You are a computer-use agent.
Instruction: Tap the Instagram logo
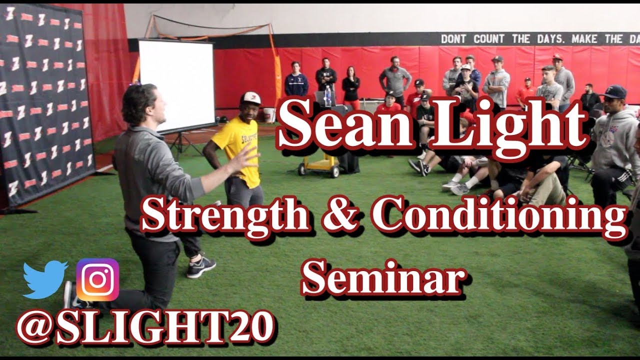click(x=97, y=279)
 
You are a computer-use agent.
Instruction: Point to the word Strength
click(x=225, y=216)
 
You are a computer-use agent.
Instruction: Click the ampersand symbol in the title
click(x=343, y=216)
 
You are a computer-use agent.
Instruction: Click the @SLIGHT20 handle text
click(x=145, y=328)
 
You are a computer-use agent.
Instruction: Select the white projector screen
click(x=176, y=85)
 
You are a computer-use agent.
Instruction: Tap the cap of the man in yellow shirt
click(x=250, y=98)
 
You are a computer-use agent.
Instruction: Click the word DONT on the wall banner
click(x=454, y=39)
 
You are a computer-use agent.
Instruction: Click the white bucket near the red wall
click(x=269, y=114)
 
